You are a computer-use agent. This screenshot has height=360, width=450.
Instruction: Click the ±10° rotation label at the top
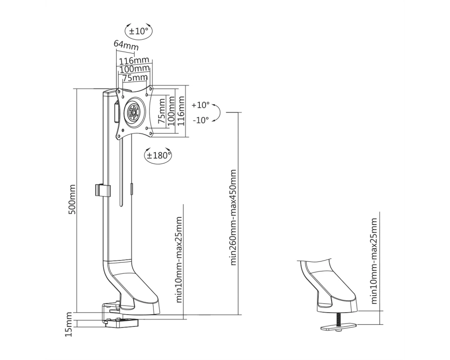click(138, 31)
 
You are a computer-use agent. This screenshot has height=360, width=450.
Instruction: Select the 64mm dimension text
click(126, 45)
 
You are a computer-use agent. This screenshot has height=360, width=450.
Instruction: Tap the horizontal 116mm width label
click(134, 61)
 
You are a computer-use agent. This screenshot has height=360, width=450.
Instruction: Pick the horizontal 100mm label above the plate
click(134, 69)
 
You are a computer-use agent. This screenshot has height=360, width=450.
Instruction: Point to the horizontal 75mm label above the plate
click(135, 77)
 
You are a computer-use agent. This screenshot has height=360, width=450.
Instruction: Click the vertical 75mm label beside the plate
click(162, 111)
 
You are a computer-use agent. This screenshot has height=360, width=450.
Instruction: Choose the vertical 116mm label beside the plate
click(181, 111)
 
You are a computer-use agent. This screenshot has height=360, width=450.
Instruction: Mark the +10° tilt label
click(201, 105)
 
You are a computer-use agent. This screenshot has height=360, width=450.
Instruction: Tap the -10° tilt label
click(201, 120)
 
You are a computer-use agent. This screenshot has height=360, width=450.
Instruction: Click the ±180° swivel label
click(159, 156)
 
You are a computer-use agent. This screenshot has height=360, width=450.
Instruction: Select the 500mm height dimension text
click(72, 199)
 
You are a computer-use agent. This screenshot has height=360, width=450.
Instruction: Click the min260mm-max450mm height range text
click(233, 217)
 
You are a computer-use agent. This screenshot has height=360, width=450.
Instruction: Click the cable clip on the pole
click(103, 190)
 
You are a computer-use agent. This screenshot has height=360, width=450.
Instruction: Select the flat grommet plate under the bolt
click(339, 327)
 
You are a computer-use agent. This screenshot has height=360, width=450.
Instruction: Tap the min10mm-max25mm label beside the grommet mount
click(374, 261)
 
